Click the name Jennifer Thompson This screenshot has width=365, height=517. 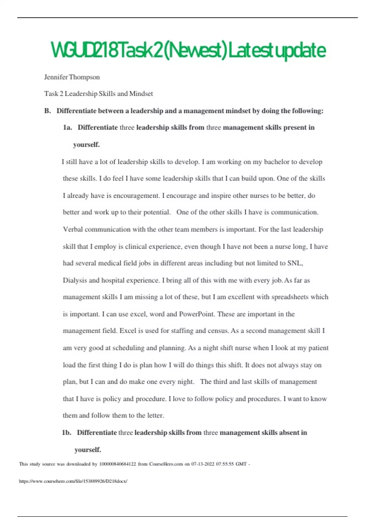tap(72, 77)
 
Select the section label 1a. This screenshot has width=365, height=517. tap(67, 127)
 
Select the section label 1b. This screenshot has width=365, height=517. tap(66, 432)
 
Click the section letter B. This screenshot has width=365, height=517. tap(47, 111)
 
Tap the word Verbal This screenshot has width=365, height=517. tap(73, 229)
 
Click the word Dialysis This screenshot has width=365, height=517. tap(75, 280)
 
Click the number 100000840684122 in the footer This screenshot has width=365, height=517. tap(117, 464)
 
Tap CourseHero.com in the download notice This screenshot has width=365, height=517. tap(166, 464)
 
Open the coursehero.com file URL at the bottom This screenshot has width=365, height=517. tap(73, 481)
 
